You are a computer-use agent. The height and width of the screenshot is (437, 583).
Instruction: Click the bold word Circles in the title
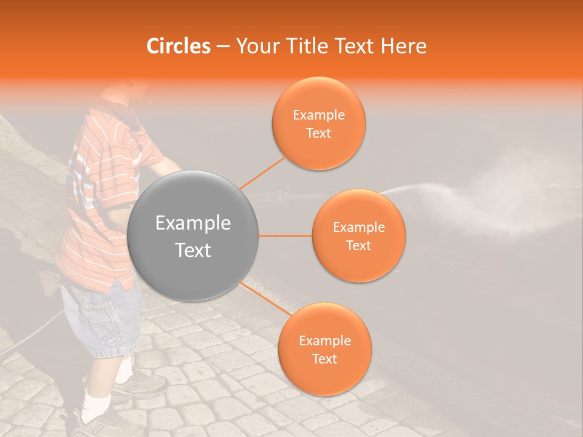coord(178,46)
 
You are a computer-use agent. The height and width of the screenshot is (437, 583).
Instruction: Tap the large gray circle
coord(193,235)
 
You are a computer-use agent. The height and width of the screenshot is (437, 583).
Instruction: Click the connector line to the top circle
coord(262,171)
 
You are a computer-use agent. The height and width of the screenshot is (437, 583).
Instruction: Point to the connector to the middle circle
coord(285,235)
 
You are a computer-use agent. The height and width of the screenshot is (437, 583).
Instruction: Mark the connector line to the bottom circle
coord(265,301)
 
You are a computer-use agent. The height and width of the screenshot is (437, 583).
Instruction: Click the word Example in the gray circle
coord(193,223)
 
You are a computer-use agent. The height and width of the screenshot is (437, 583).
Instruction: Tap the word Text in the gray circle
coord(193,250)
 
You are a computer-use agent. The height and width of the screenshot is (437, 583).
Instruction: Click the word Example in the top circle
coord(318,115)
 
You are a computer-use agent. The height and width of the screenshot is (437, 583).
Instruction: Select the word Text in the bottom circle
coord(324,359)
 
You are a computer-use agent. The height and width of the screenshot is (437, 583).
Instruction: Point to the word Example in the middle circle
coord(358,228)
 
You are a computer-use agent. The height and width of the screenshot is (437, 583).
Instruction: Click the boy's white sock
coord(95,407)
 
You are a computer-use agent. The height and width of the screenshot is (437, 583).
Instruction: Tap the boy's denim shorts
coord(100,319)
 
